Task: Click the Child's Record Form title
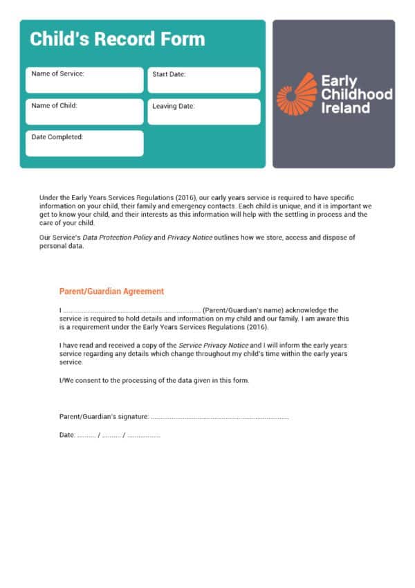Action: click(117, 39)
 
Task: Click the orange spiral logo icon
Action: click(296, 93)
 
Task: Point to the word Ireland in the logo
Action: click(345, 108)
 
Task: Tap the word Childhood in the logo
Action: click(356, 94)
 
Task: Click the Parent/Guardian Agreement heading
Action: click(111, 292)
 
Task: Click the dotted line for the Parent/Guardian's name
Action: click(131, 310)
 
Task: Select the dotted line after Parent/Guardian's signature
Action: click(219, 417)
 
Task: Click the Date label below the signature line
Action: click(67, 435)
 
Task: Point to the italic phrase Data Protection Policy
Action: click(118, 238)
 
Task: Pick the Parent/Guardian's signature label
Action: click(104, 417)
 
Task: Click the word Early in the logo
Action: click(339, 80)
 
